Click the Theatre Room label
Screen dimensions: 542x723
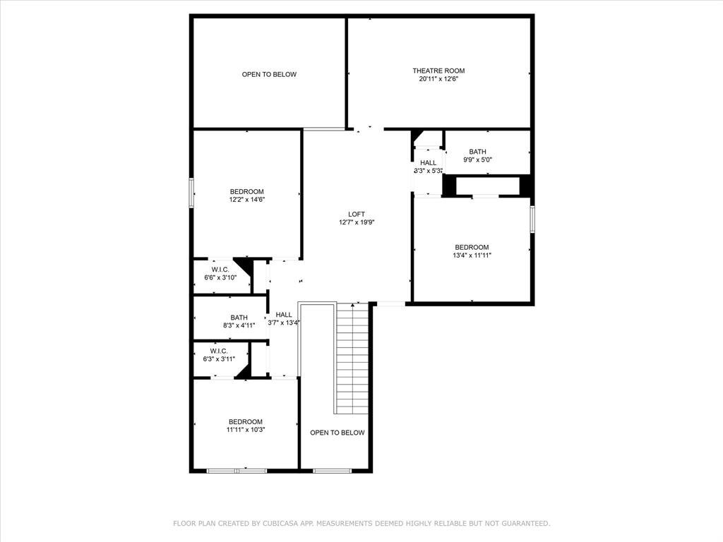click(x=438, y=71)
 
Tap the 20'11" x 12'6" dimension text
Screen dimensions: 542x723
click(x=438, y=79)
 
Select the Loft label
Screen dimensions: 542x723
click(x=357, y=214)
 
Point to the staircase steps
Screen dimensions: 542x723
click(x=352, y=356)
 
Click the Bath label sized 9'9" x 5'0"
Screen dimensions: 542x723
click(x=478, y=152)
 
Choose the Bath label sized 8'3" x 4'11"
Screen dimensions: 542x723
click(x=239, y=318)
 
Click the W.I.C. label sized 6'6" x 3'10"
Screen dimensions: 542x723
click(x=220, y=270)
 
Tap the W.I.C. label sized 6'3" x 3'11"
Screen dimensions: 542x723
click(x=219, y=351)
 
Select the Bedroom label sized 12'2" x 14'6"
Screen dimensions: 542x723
click(x=246, y=191)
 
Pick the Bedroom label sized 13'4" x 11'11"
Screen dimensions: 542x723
click(x=472, y=247)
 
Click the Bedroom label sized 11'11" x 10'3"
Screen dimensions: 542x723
click(x=245, y=421)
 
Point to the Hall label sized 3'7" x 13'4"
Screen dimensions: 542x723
click(x=284, y=315)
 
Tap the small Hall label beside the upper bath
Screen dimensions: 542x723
click(x=428, y=163)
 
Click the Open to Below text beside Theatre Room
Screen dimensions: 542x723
click(x=269, y=74)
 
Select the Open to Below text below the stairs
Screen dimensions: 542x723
click(x=337, y=433)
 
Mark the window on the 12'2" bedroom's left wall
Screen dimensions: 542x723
click(x=191, y=193)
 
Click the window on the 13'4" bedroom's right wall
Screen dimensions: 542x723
click(x=532, y=218)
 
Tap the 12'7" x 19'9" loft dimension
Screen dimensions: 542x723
click(x=357, y=222)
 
